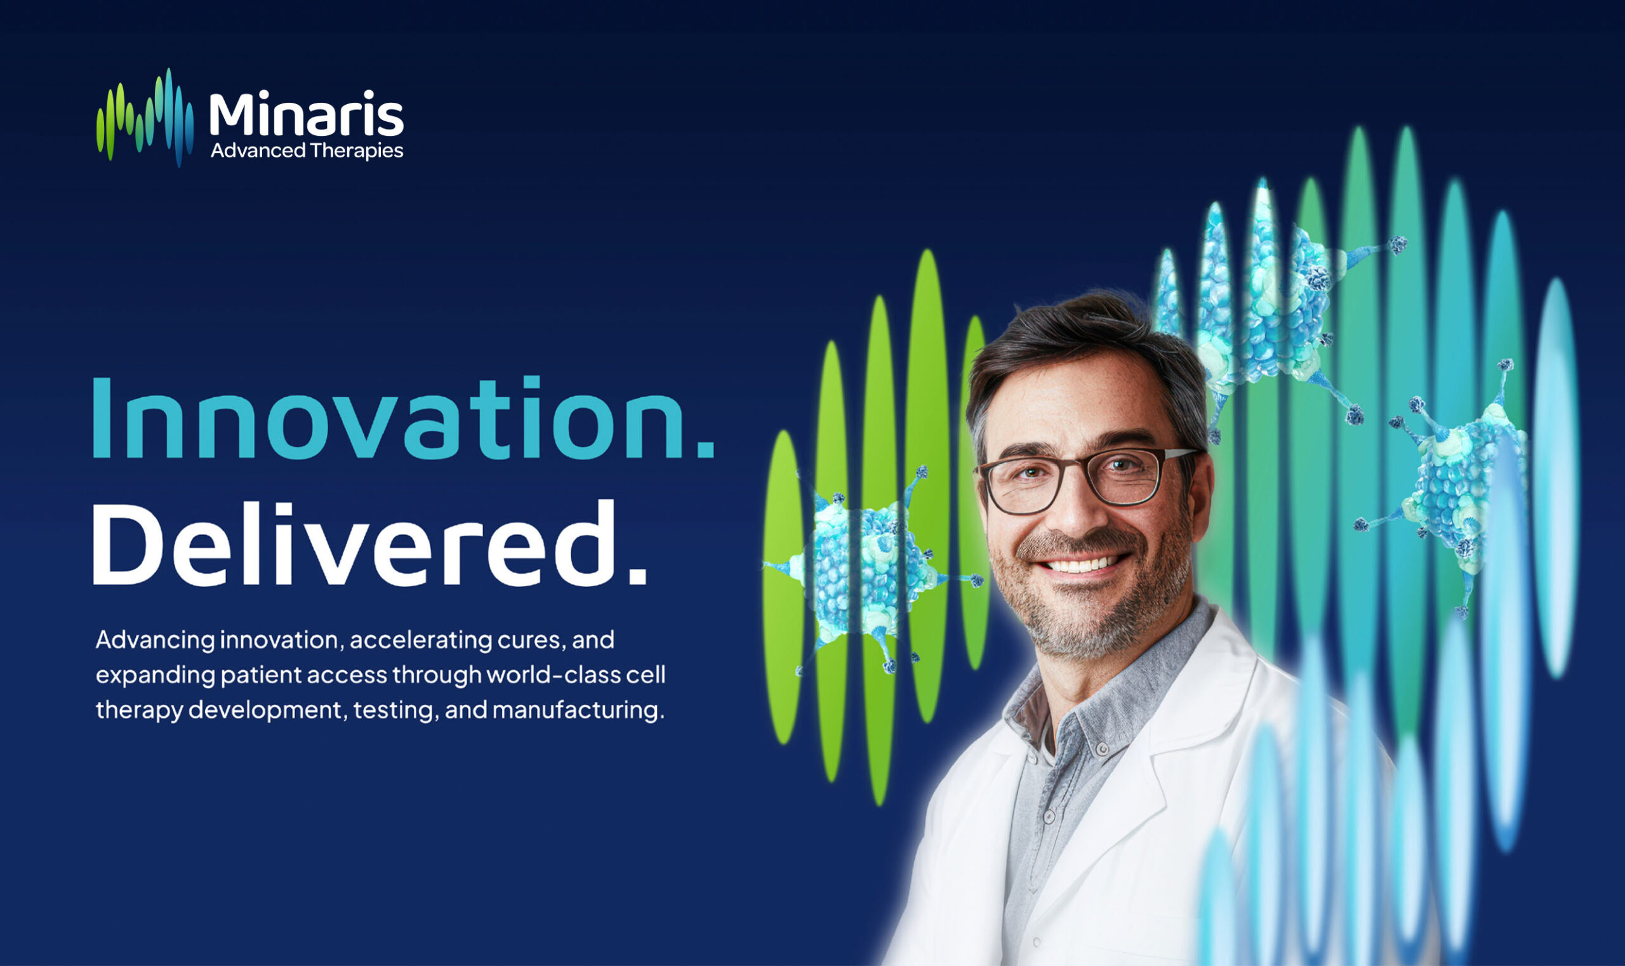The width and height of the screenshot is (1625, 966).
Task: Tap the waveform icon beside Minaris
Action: click(145, 117)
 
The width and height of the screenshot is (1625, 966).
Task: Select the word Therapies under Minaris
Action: click(356, 151)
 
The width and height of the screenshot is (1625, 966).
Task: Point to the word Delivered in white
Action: click(352, 543)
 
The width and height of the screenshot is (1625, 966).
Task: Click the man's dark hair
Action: click(1068, 352)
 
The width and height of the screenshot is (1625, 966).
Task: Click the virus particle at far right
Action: click(1458, 482)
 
